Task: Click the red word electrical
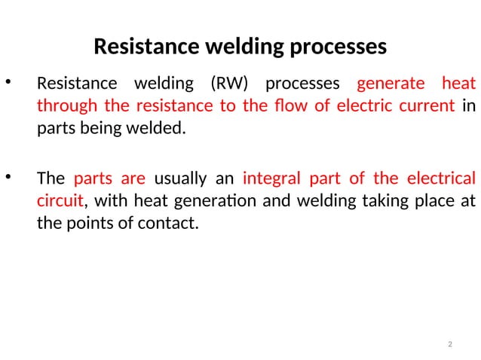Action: click(442, 179)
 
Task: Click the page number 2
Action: click(449, 345)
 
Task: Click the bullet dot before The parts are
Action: click(8, 178)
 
